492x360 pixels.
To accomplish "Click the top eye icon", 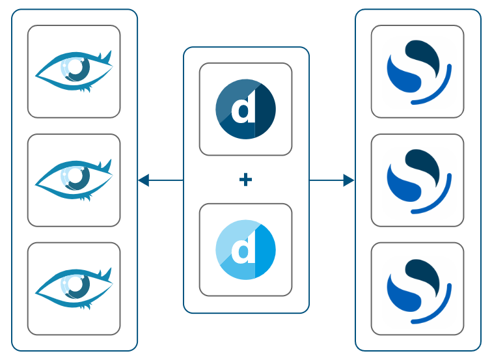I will click(74, 71).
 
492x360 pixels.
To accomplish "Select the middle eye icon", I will click(74, 180).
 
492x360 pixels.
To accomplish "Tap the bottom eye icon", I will click(74, 288).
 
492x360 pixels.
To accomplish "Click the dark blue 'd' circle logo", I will click(245, 109).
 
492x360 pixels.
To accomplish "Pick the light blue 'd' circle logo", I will click(245, 250).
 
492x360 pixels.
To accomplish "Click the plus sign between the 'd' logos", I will click(245, 180).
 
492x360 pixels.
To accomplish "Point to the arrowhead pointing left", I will click(144, 180).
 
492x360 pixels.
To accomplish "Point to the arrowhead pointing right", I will click(348, 180).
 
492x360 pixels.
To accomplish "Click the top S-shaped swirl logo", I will click(417, 72).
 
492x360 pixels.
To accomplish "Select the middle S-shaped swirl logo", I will click(417, 180).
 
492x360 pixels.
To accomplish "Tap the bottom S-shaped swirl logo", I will click(417, 289).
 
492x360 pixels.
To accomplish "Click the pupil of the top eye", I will click(78, 67).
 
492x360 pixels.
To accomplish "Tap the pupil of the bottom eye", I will click(78, 284).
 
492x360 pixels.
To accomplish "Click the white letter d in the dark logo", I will click(243, 110).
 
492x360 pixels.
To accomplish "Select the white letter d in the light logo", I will click(243, 251).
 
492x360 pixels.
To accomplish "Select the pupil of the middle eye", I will click(78, 176).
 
